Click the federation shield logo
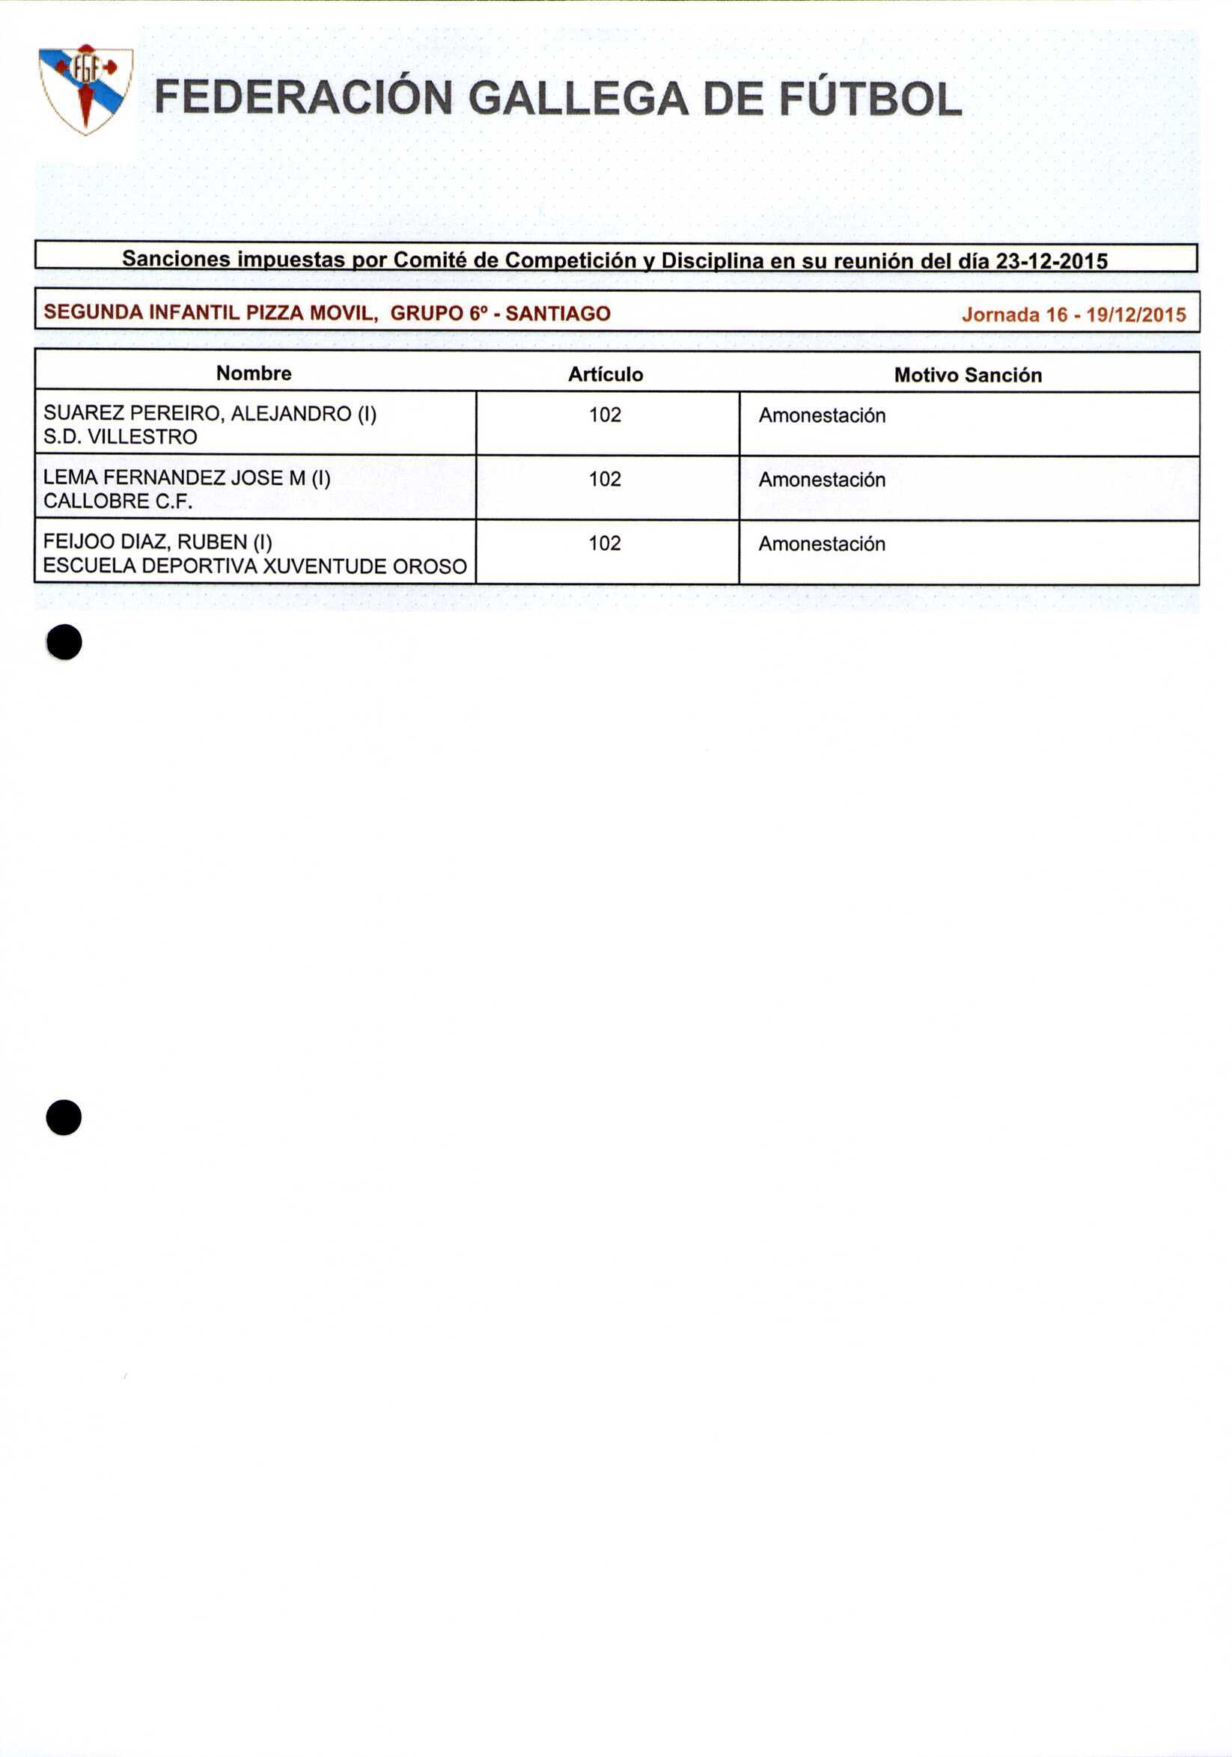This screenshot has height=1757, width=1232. point(86,90)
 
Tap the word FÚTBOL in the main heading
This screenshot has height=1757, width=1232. point(870,100)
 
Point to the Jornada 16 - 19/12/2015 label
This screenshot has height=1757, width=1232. point(1073,314)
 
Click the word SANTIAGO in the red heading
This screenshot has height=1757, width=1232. point(558,313)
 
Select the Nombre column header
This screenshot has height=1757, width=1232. point(253,373)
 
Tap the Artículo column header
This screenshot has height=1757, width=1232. point(606,374)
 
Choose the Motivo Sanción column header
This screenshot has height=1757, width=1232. point(968,375)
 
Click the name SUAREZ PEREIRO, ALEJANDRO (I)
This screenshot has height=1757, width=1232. point(210,414)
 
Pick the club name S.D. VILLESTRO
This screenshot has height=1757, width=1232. point(121,437)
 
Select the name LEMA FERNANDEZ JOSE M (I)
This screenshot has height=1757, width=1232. point(187,478)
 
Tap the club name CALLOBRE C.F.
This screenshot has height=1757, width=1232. point(118,501)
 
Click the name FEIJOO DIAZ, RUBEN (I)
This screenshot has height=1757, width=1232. point(158,543)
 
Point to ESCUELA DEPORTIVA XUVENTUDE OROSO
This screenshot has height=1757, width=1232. point(254,566)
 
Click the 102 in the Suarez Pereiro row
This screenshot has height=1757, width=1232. point(605,415)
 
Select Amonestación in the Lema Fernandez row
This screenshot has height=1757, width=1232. point(822,480)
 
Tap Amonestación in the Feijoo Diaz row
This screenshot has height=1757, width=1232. point(822,544)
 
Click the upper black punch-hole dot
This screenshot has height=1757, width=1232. point(64,642)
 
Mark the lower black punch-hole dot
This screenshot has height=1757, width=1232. point(64,1118)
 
